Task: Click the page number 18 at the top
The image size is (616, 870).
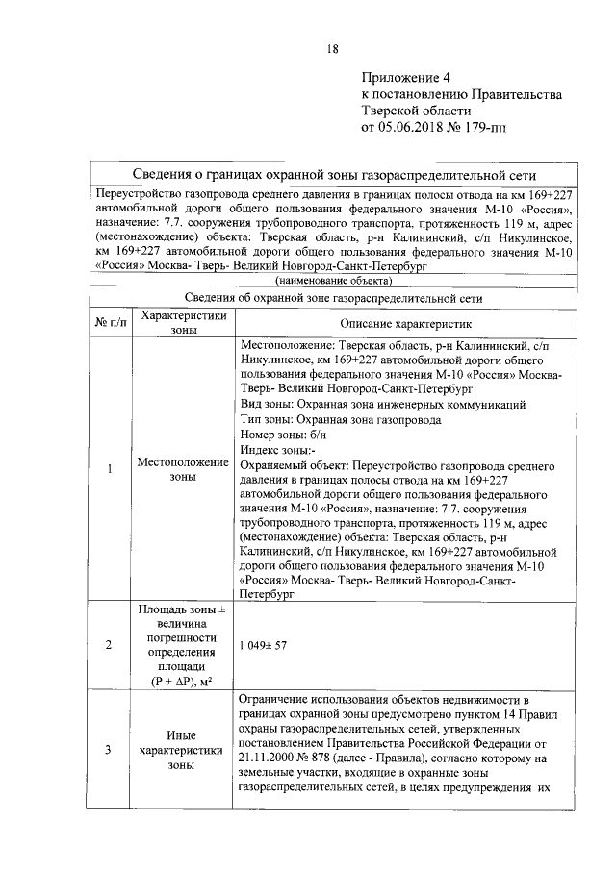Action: [332, 50]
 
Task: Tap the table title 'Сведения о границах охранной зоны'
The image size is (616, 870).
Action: [332, 176]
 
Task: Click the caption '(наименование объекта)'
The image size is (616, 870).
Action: [333, 281]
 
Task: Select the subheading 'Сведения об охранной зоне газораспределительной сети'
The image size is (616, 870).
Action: [333, 298]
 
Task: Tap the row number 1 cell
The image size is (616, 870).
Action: [110, 469]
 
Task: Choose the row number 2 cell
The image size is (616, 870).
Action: [110, 645]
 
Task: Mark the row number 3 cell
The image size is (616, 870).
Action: [110, 750]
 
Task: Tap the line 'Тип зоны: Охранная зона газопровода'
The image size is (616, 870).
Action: [340, 419]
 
